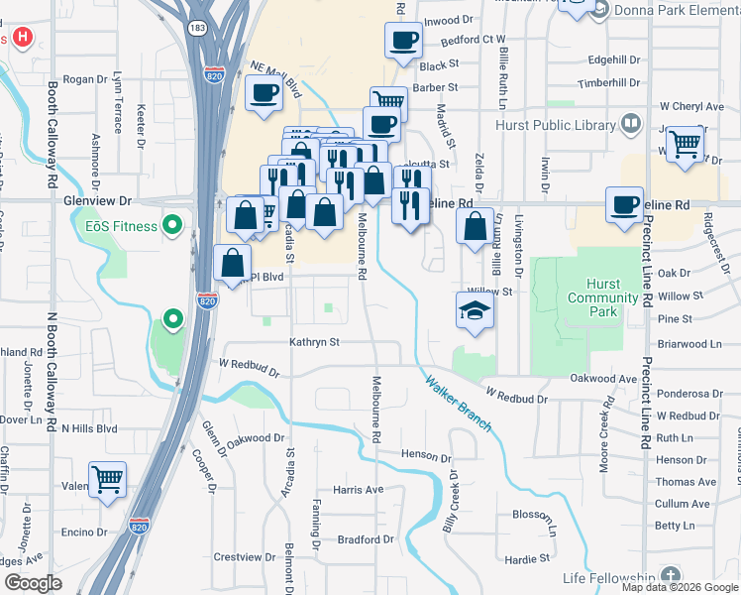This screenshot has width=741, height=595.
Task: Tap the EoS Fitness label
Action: [121, 226]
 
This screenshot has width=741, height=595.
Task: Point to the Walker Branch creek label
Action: [458, 401]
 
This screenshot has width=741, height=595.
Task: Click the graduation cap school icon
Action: [476, 311]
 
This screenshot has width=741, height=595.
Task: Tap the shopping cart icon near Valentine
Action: [108, 480]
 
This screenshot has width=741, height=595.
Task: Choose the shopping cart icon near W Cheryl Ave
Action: [685, 143]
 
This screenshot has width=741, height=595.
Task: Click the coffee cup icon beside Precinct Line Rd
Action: [624, 204]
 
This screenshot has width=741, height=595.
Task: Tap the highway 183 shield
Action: [198, 28]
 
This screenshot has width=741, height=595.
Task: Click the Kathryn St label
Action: [314, 342]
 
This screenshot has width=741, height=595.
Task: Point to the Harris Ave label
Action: [358, 490]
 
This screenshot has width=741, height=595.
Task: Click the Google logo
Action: [33, 583]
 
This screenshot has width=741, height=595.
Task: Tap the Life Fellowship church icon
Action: [671, 576]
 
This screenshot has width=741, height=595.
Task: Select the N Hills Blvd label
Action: [89, 428]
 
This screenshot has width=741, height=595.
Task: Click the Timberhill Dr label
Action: [610, 84]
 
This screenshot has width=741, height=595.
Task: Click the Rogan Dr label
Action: [84, 79]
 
